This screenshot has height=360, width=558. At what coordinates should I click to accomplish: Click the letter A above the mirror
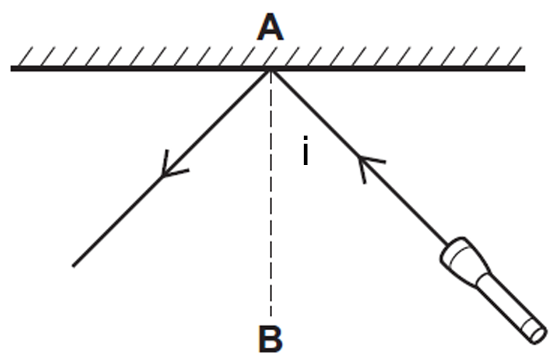(270, 27)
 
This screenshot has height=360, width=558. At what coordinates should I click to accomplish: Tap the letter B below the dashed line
(271, 339)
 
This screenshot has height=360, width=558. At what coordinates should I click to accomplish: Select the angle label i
(305, 151)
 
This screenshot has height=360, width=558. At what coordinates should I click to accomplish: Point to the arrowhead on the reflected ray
(171, 166)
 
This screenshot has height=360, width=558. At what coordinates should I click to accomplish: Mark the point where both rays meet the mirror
(271, 70)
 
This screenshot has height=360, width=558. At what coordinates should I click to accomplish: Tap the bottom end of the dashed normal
(271, 316)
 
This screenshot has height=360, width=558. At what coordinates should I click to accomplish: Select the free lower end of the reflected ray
(73, 266)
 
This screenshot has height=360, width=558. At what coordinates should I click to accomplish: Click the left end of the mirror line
(12, 68)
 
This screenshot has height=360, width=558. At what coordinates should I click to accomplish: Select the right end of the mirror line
(525, 68)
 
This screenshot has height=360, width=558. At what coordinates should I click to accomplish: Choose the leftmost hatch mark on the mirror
(25, 56)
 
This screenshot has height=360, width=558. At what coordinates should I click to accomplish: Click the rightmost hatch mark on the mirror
(515, 56)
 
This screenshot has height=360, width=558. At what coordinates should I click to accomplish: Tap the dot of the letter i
(305, 138)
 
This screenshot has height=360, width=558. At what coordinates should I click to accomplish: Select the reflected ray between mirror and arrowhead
(217, 123)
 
